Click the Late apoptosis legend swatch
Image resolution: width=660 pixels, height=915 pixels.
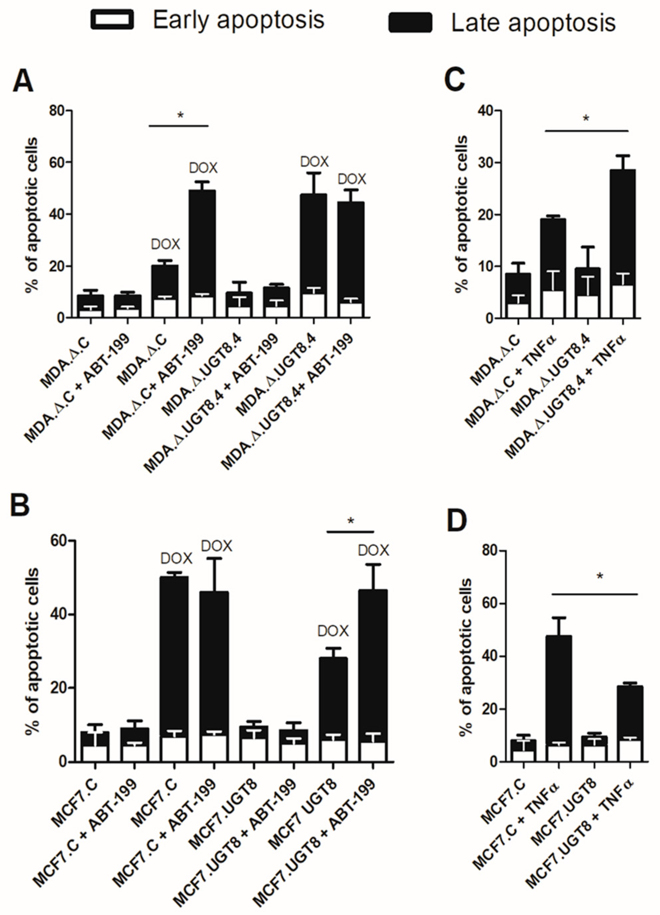410,22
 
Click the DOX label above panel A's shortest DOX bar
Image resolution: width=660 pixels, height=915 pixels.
165,244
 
